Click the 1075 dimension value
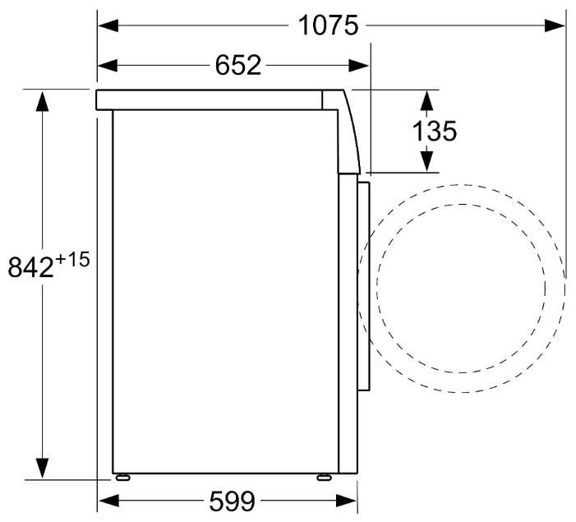tap(328, 25)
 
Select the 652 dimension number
tap(238, 66)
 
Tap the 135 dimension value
tap(435, 131)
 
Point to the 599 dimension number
tap(233, 501)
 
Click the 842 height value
tap(31, 267)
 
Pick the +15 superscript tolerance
tap(73, 260)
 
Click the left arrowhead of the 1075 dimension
tap(108, 25)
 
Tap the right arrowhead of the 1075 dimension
tap(555, 25)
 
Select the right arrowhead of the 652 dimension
tap(358, 66)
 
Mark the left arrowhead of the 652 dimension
tap(108, 66)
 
